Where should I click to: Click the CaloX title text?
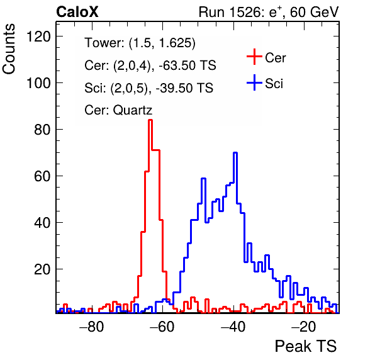pyautogui.click(x=77, y=12)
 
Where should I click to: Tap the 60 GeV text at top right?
pyautogui.click(x=314, y=12)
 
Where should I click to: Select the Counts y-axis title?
pyautogui.click(x=9, y=49)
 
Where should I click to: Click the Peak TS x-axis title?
pyautogui.click(x=306, y=346)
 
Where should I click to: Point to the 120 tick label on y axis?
pyautogui.click(x=38, y=37)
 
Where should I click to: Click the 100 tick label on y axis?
pyautogui.click(x=38, y=83)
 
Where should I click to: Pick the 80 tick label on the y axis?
pyautogui.click(x=42, y=130)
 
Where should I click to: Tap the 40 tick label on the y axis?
pyautogui.click(x=42, y=223)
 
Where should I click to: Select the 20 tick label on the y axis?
pyautogui.click(x=42, y=269)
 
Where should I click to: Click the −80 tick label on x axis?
pyautogui.click(x=92, y=327)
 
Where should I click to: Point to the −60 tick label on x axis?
pyautogui.click(x=162, y=327)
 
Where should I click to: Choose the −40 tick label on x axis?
pyautogui.click(x=233, y=327)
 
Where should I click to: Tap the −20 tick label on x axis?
pyautogui.click(x=304, y=327)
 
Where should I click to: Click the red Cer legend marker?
pyautogui.click(x=254, y=57)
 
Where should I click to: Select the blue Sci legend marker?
pyautogui.click(x=254, y=83)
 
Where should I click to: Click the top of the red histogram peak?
pyautogui.click(x=150, y=120)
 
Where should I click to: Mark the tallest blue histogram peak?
pyautogui.click(x=235, y=152)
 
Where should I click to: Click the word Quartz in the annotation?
pyautogui.click(x=133, y=111)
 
